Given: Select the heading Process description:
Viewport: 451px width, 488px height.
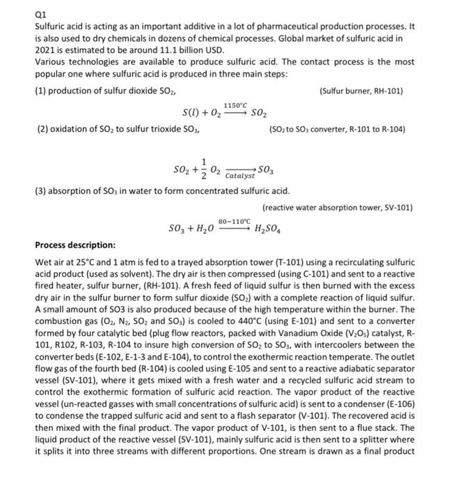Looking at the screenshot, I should point(76,245).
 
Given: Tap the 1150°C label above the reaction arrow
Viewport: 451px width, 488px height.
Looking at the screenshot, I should point(235,103).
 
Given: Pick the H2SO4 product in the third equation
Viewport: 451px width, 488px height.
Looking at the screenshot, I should point(273,228).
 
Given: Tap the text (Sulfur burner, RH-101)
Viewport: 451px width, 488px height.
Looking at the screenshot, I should point(361,91).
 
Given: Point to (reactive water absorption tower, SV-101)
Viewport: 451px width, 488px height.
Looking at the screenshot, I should point(338,208).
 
